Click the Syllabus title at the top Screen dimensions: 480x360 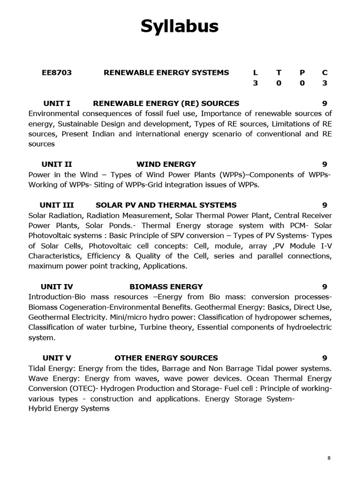[180, 27]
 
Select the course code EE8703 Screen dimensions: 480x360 [57, 72]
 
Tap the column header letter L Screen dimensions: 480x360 [255, 72]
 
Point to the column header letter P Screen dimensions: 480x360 [302, 72]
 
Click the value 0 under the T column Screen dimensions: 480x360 [279, 83]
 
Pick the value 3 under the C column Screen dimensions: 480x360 [325, 83]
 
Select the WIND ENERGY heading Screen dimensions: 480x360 [166, 164]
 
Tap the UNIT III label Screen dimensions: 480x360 [57, 205]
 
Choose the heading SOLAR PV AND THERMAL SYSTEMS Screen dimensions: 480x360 [166, 205]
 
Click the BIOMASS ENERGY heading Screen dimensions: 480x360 [166, 286]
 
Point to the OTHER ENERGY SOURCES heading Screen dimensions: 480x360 [166, 358]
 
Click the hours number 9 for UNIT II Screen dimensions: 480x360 [325, 164]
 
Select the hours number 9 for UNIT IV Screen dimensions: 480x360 [325, 286]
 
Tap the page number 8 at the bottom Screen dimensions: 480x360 [329, 458]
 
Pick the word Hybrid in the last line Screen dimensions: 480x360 [40, 408]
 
